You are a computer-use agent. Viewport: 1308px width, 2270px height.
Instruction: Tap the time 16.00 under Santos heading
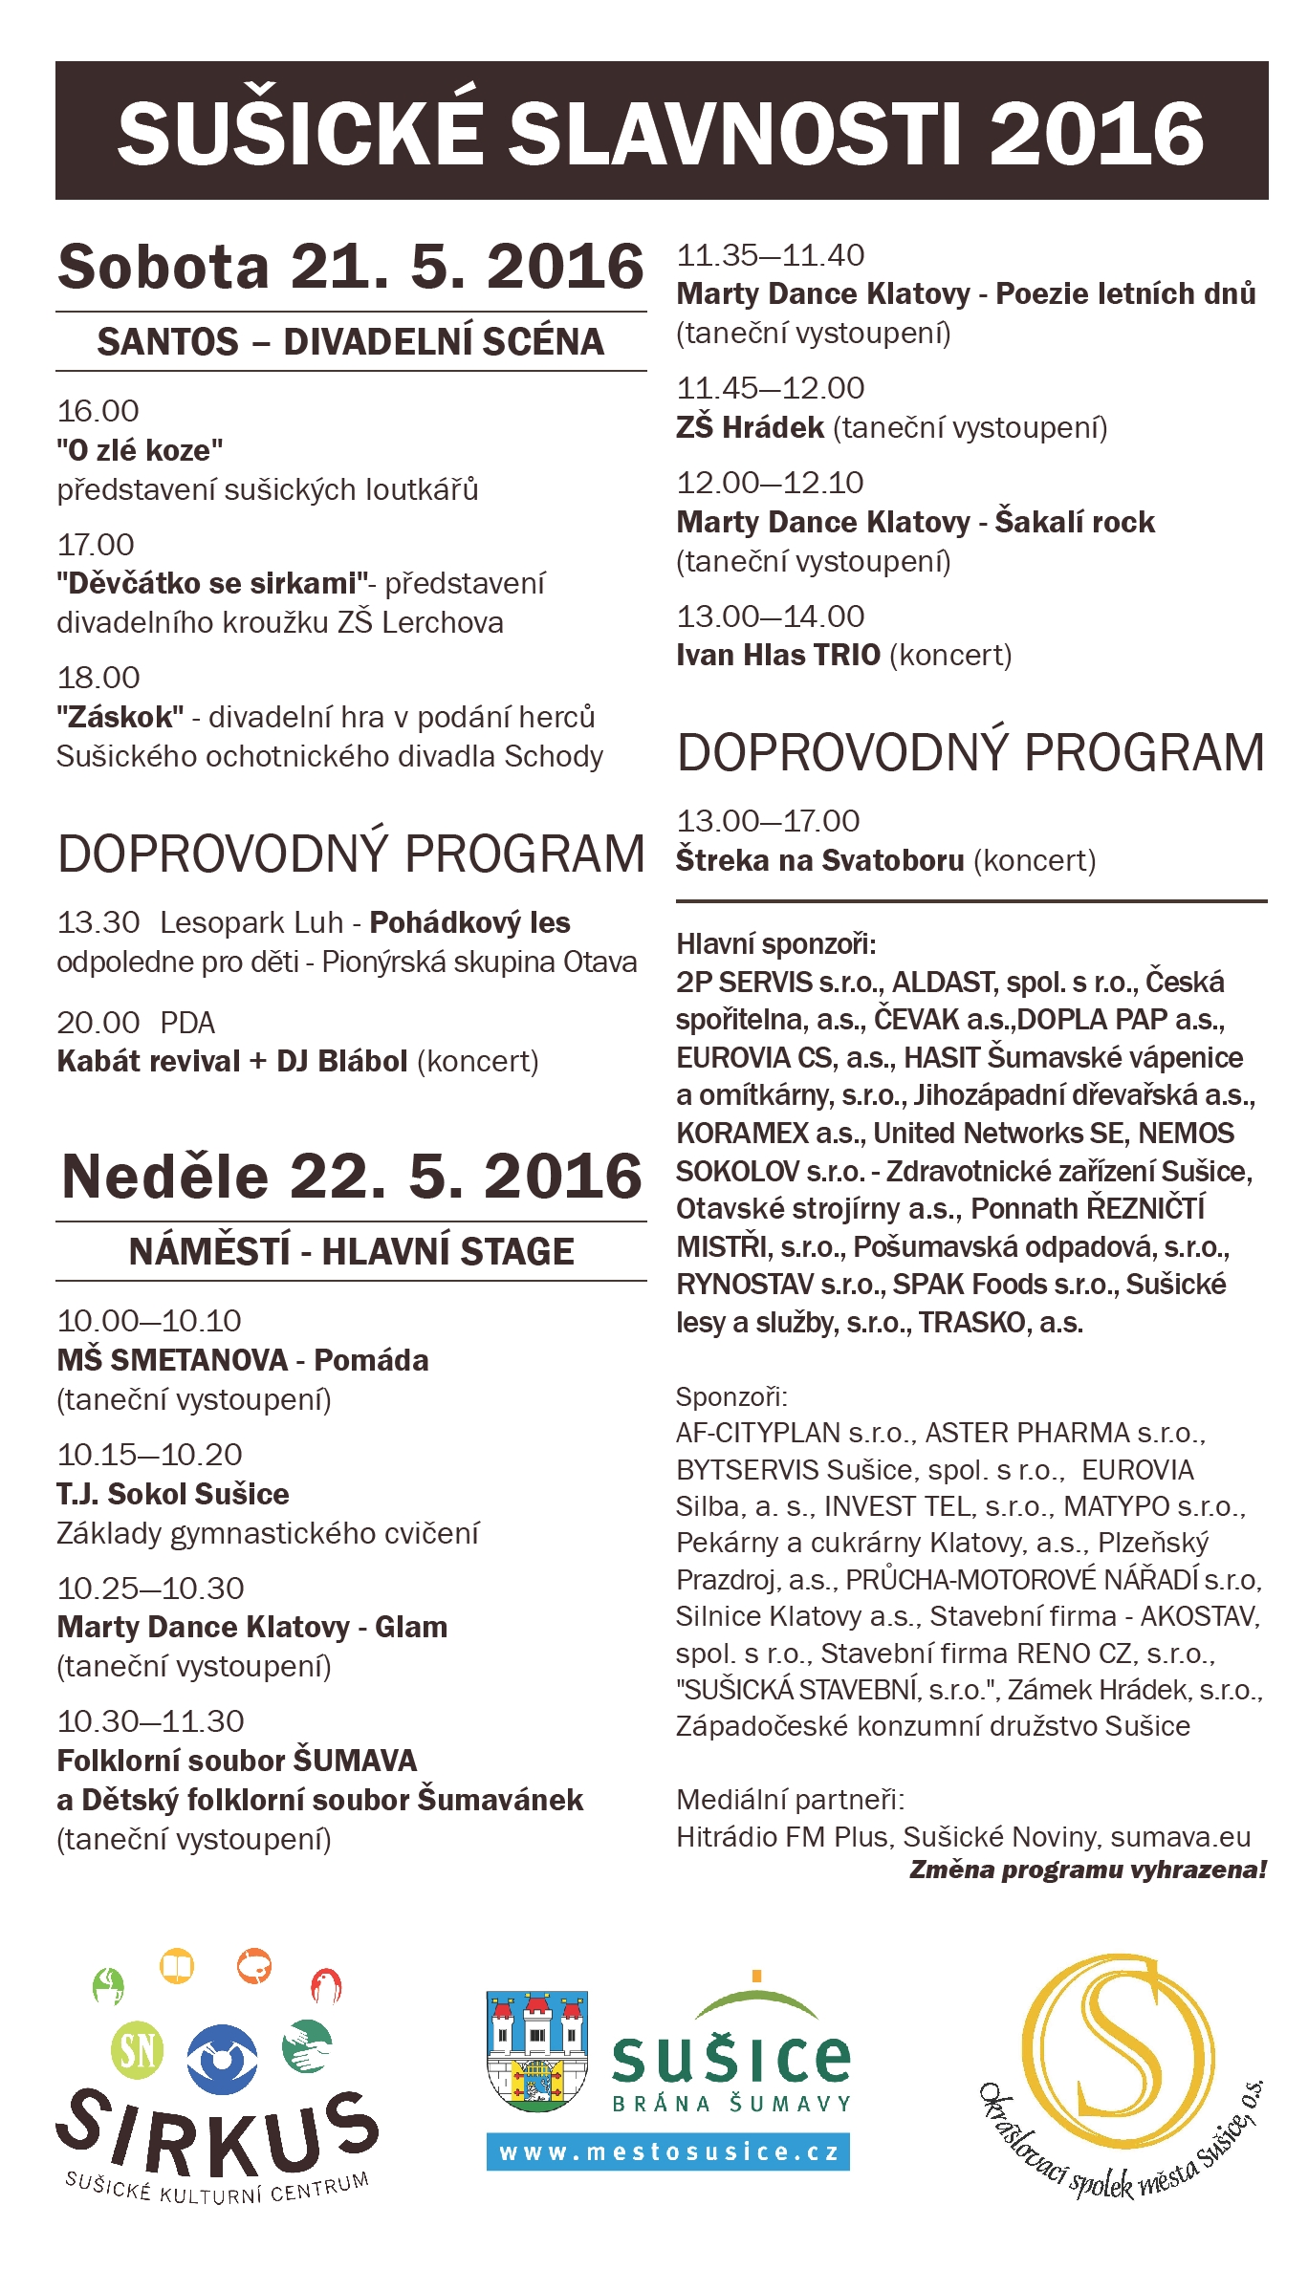pos(98,411)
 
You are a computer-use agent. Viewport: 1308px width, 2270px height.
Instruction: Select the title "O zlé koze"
pos(140,450)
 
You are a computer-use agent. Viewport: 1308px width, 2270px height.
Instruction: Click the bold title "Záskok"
pos(120,717)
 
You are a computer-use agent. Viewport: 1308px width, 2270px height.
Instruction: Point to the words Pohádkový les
pos(469,922)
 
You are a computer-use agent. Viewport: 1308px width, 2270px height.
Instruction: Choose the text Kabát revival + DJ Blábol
pos(232,1061)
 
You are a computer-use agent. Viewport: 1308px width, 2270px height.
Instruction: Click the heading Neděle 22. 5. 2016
pos(351,1176)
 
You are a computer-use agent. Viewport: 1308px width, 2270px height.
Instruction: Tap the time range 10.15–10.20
pos(149,1455)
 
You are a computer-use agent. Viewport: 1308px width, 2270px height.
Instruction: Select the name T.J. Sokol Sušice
pos(173,1494)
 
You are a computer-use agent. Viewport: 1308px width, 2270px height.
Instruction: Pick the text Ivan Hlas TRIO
pos(777,655)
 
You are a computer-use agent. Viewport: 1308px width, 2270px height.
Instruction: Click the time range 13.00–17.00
pos(768,821)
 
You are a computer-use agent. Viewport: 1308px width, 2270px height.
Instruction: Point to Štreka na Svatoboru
pos(819,860)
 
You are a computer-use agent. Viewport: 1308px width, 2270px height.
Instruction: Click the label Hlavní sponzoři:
pos(775,944)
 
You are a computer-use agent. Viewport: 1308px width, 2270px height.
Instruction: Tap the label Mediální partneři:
pos(790,1800)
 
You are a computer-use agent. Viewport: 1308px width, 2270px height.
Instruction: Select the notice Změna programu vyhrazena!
pos(1087,1870)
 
